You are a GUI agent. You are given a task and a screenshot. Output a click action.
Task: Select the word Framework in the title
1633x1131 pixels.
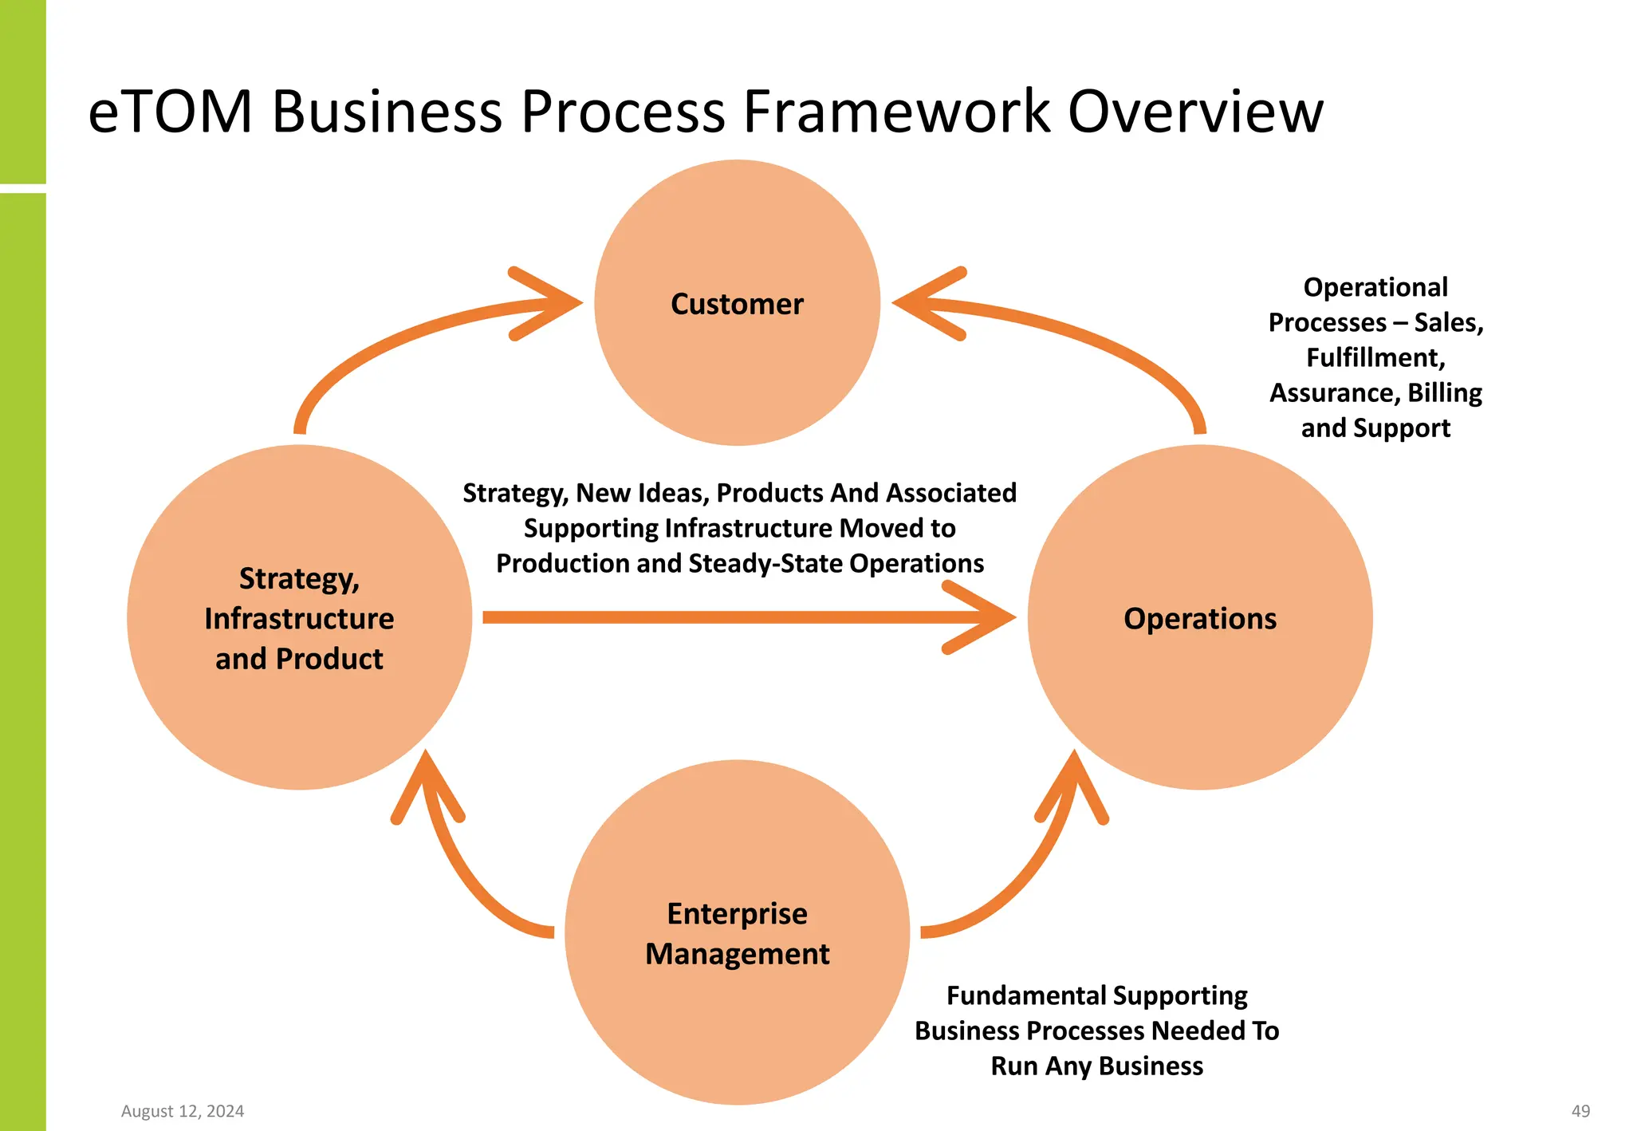point(897,112)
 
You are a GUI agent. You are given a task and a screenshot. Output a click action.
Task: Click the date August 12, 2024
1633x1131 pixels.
point(183,1111)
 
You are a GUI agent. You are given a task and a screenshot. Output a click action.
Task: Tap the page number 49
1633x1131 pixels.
point(1580,1111)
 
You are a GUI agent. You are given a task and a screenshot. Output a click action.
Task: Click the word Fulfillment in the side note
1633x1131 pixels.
point(1375,357)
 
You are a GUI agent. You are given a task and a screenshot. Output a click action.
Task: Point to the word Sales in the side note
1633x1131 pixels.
point(1448,322)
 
